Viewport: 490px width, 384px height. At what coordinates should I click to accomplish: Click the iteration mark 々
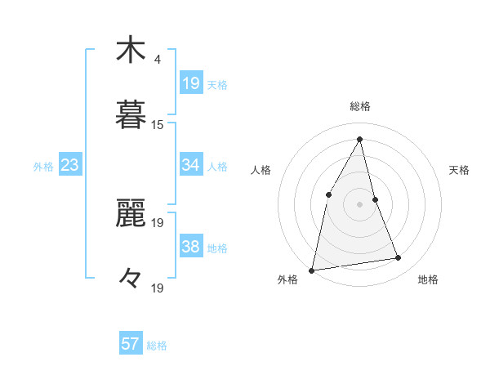point(131,279)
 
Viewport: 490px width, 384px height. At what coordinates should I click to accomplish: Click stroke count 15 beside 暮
point(158,124)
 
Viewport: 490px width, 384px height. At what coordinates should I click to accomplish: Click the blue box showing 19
point(191,83)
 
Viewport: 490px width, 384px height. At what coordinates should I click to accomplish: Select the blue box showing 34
point(191,165)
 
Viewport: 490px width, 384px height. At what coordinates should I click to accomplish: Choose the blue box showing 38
point(191,247)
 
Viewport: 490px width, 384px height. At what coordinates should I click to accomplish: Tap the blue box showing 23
point(70,165)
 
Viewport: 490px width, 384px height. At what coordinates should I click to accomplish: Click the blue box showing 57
point(131,344)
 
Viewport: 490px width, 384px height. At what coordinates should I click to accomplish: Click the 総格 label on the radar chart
point(360,106)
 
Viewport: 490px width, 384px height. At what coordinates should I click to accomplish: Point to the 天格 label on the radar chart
point(460,170)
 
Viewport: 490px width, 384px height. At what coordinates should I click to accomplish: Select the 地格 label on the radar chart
point(428,279)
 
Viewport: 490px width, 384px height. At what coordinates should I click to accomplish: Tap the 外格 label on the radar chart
point(287,279)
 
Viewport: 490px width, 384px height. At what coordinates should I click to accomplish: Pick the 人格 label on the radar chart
point(261,170)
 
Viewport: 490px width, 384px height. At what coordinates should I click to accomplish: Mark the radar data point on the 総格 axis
point(360,139)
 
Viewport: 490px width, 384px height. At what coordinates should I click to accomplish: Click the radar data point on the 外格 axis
point(312,270)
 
